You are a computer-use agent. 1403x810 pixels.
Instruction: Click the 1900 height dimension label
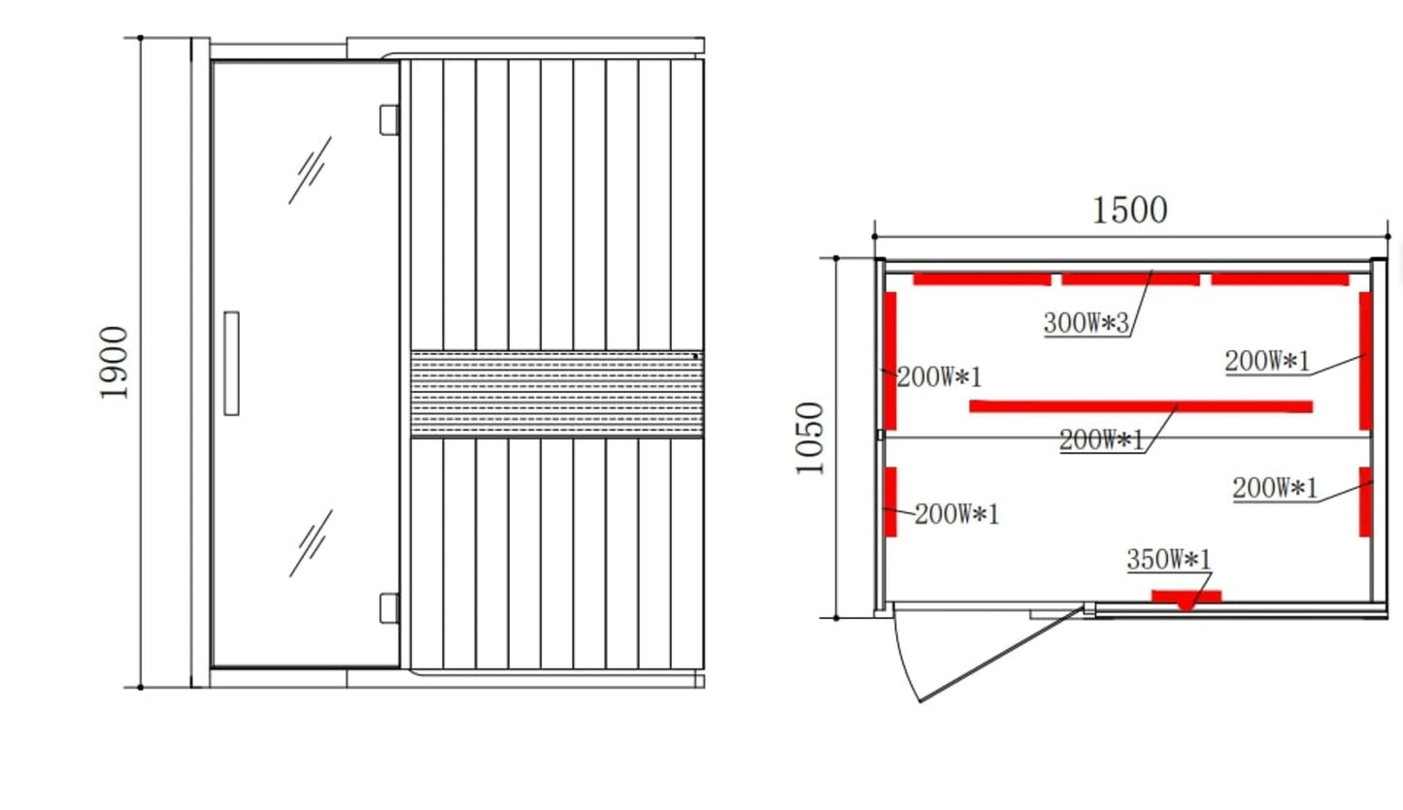click(114, 363)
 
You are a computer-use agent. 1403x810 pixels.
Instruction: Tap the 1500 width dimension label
click(1129, 211)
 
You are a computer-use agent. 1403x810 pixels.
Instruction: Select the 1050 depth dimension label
click(809, 437)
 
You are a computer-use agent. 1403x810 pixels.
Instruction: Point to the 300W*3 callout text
click(1086, 323)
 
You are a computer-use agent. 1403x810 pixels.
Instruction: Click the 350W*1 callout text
click(1169, 560)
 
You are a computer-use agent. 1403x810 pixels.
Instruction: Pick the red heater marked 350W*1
click(1186, 597)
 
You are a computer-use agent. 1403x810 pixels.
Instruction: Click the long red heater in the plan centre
click(1141, 406)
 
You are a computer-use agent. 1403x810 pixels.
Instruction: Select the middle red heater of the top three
click(1130, 279)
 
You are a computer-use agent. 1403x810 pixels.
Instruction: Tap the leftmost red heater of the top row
click(982, 279)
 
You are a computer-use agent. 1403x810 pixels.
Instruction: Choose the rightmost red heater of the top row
click(1280, 279)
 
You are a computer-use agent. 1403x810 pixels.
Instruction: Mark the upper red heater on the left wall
click(889, 360)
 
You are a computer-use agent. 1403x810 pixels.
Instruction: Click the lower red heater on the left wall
click(890, 502)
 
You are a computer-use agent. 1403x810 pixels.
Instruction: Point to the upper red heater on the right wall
click(1365, 360)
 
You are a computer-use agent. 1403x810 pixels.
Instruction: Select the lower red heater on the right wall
click(1365, 502)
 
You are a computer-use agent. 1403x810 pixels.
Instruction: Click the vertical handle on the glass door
click(231, 364)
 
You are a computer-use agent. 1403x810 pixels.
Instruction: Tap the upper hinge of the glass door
click(388, 119)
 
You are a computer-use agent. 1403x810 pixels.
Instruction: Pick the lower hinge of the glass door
click(388, 608)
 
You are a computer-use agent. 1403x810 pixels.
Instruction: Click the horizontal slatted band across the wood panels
click(556, 394)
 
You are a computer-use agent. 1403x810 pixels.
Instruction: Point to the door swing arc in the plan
click(902, 660)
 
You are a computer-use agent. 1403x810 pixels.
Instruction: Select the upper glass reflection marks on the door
click(311, 170)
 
